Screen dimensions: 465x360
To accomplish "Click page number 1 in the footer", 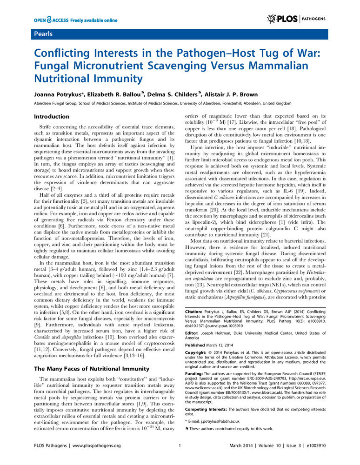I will pos(180,446).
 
